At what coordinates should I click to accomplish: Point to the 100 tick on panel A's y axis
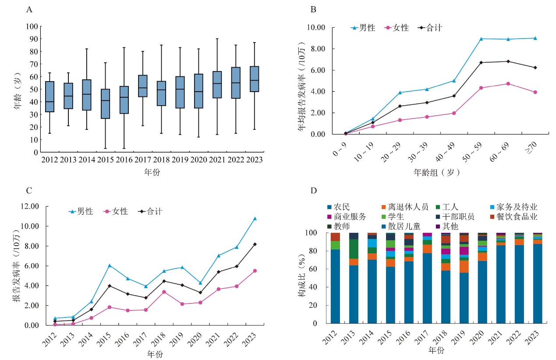32,26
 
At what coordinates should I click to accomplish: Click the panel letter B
313,9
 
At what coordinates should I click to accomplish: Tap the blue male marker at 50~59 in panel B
481,39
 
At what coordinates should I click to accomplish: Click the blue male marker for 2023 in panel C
255,218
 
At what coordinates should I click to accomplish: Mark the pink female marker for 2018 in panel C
163,292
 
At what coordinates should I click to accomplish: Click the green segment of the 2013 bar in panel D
354,249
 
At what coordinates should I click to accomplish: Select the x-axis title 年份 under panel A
152,172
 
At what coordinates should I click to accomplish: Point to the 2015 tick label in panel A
105,160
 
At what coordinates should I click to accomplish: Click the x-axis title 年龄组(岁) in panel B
437,172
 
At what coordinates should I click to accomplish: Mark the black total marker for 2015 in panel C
110,286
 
